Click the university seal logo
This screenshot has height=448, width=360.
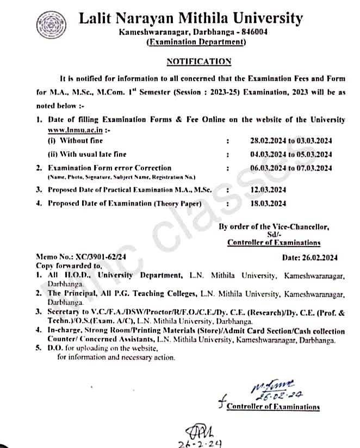click(x=51, y=25)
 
